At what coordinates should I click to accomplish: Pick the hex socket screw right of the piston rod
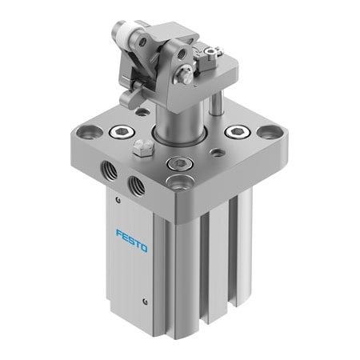pos(238,131)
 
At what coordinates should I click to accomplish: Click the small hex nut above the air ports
pos(141,147)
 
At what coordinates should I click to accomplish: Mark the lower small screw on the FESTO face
pos(145,301)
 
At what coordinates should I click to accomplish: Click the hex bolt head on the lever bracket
pos(186,77)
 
